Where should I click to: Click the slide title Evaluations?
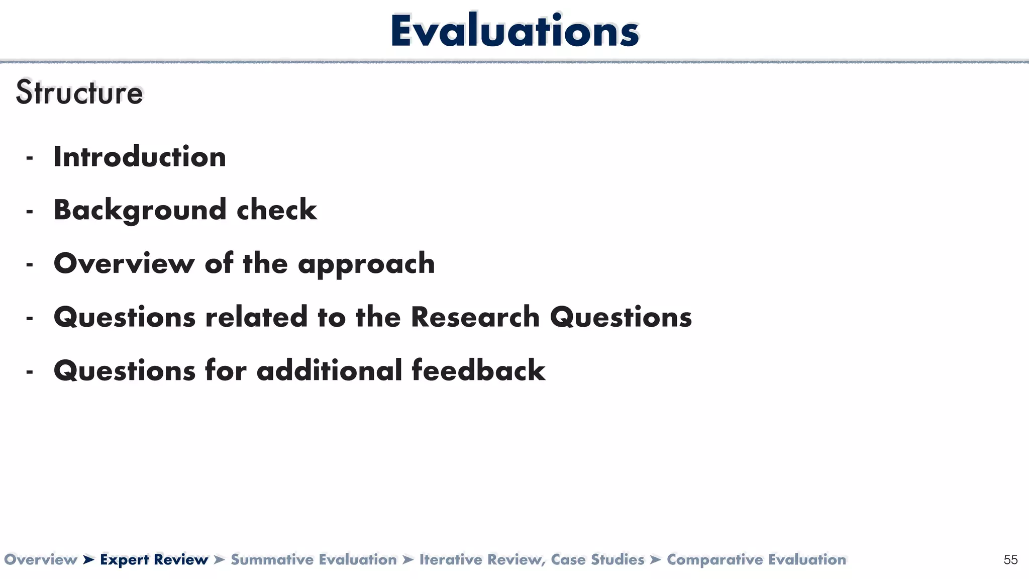click(514, 31)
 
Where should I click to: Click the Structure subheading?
click(79, 93)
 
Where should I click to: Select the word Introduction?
click(140, 157)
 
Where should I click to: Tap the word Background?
click(140, 210)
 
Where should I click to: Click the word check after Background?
click(277, 210)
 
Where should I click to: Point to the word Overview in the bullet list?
click(124, 263)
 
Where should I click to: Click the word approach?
click(366, 264)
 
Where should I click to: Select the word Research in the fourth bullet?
click(475, 317)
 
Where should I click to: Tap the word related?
click(256, 317)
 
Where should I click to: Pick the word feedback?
click(478, 370)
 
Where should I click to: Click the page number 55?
click(1010, 560)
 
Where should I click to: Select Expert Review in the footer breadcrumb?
click(154, 560)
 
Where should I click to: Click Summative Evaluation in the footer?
click(314, 560)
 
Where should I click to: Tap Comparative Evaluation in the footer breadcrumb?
click(756, 560)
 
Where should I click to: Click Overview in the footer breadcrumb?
click(41, 560)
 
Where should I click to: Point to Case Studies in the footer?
click(597, 560)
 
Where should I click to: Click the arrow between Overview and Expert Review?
click(89, 560)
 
